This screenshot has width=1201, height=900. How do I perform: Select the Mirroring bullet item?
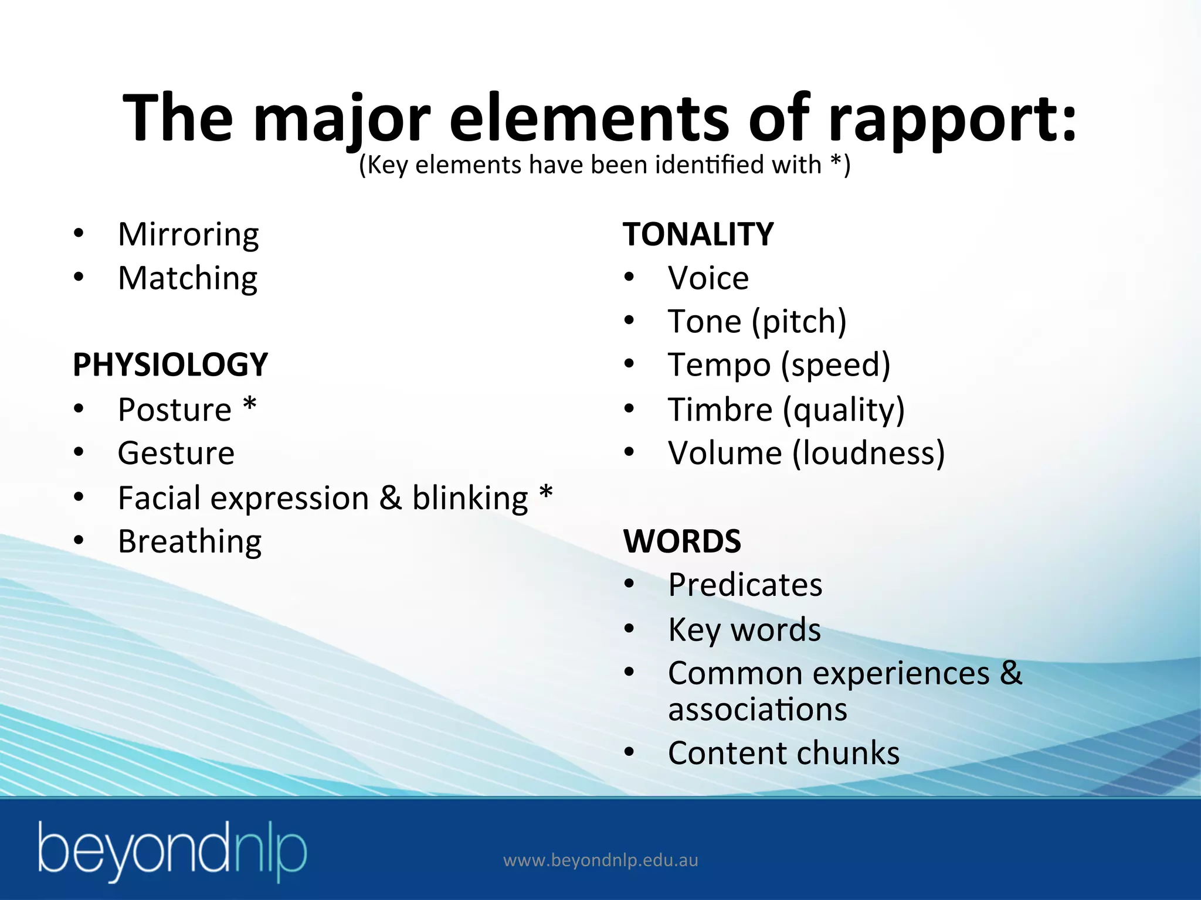[x=188, y=234]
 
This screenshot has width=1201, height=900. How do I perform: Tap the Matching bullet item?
[x=187, y=278]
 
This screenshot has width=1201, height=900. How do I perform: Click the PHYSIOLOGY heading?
[x=170, y=364]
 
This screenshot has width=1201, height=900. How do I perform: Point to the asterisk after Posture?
[x=250, y=405]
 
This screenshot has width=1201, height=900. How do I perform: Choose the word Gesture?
[x=176, y=453]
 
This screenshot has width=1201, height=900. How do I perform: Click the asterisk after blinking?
[x=545, y=493]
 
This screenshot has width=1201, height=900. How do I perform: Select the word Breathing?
[x=189, y=541]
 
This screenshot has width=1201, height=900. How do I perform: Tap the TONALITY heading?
[x=698, y=234]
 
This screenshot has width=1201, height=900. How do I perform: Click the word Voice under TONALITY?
[x=708, y=278]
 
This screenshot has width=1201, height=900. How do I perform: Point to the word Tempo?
[x=719, y=365]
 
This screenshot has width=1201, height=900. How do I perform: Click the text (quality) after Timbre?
[x=844, y=410]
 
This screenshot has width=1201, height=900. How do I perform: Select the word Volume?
[x=725, y=453]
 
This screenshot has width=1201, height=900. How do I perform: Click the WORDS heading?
[x=682, y=541]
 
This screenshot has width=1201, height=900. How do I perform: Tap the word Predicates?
[x=745, y=585]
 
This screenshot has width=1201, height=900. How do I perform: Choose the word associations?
[x=757, y=710]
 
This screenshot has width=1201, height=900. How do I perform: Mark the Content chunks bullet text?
[x=783, y=753]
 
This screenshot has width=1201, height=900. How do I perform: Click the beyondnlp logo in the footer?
[x=172, y=851]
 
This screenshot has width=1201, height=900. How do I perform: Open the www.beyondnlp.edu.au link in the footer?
[x=600, y=861]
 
